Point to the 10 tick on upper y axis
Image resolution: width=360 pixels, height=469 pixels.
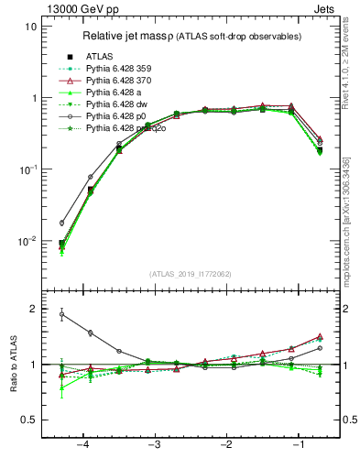pyautogui.click(x=30, y=27)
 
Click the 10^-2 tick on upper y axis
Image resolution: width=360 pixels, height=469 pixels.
pyautogui.click(x=28, y=241)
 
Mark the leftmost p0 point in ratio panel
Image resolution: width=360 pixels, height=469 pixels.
pyautogui.click(x=62, y=314)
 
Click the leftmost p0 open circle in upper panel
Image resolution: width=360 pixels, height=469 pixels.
pyautogui.click(x=62, y=223)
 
